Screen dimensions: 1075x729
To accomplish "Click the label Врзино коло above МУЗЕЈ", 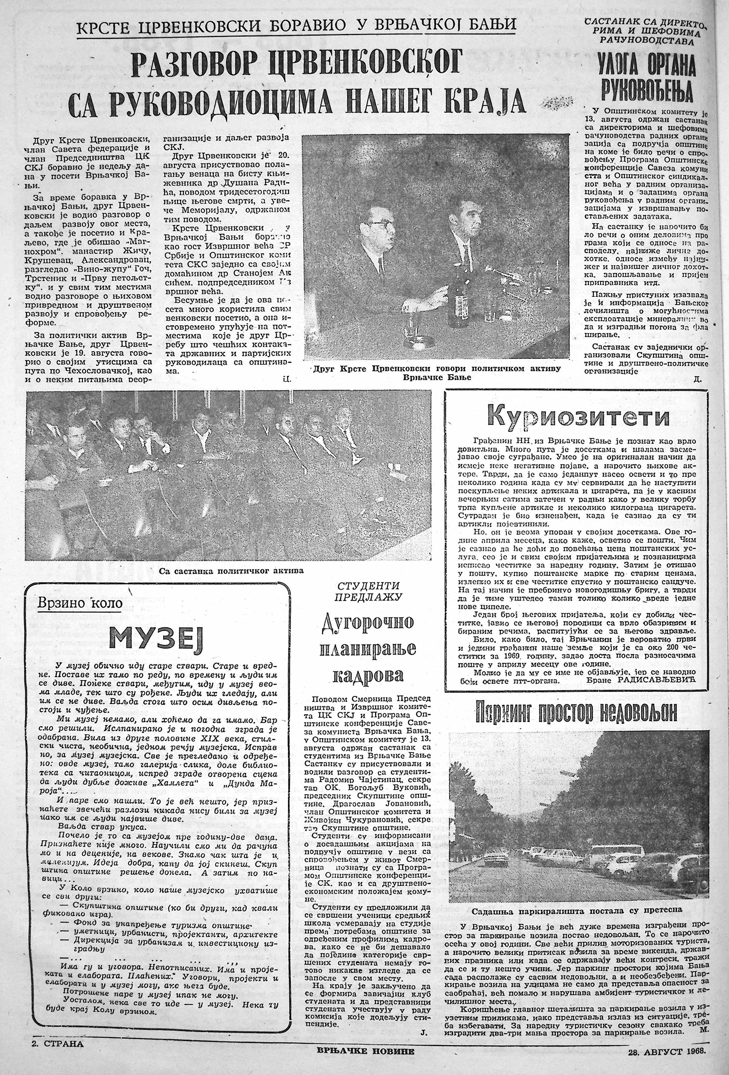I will click(79, 604).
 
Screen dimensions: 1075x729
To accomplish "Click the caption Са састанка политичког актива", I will click(231, 570).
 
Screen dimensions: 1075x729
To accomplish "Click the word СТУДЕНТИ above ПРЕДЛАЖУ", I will click(368, 585).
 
